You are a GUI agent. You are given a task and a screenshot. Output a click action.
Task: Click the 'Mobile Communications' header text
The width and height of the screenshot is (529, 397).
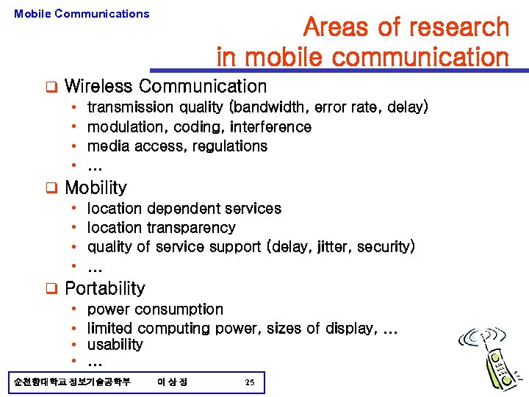pos(82,13)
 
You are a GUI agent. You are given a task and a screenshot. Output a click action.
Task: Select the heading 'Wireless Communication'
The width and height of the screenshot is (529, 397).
pos(165,87)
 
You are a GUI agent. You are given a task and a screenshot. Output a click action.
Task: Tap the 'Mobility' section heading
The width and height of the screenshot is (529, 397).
pos(96,188)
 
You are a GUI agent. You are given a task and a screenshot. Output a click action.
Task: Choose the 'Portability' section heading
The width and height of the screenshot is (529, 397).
pos(105,288)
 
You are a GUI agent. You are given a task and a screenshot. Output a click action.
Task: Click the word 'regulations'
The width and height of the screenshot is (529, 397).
pos(229,146)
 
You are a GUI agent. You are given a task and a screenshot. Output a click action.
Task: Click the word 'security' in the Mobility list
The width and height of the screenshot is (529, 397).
pos(384,247)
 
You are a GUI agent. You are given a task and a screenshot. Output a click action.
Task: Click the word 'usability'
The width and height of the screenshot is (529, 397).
pos(115,345)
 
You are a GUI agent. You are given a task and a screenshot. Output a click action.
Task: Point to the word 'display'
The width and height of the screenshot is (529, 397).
pos(347,328)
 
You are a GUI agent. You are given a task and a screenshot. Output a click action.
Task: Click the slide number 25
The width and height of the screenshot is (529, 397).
pos(250,382)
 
